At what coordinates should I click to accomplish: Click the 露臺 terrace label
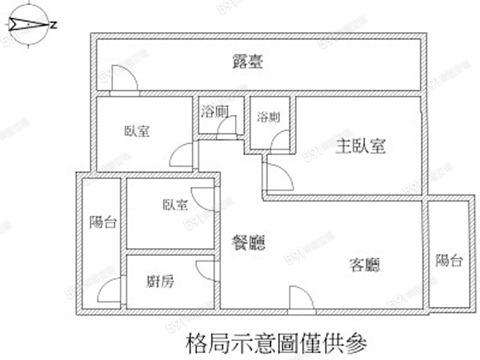coord(247,62)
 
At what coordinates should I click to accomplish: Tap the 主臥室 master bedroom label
coord(361,146)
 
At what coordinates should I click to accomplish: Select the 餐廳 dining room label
coord(249,243)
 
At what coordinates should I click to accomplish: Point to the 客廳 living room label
coord(365,264)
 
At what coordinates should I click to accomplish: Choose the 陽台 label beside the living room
coord(449,261)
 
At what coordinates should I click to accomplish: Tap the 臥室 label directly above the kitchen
coord(175,204)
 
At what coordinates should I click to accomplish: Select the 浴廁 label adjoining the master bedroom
coord(269,117)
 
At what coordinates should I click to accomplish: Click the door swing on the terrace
coord(124,78)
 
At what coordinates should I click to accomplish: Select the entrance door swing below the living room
coord(301,298)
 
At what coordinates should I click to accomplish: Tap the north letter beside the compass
coord(54,25)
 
